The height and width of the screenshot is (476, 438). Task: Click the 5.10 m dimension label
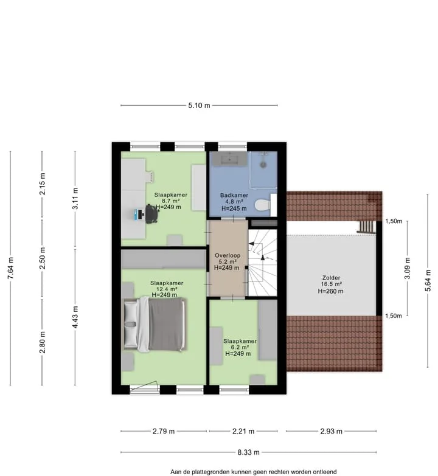click(x=199, y=105)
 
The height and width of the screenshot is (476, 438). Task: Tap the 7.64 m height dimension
click(x=10, y=268)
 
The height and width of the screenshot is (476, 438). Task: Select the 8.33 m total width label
click(x=248, y=452)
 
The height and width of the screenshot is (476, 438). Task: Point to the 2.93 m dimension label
click(x=331, y=431)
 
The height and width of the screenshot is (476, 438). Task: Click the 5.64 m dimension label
click(x=428, y=280)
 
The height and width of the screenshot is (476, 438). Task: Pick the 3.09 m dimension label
click(x=408, y=268)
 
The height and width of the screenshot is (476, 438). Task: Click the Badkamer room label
click(x=234, y=195)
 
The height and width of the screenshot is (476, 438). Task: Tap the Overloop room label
click(x=228, y=255)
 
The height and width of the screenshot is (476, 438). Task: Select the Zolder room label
click(x=331, y=277)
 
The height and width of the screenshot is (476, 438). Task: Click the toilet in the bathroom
click(x=262, y=205)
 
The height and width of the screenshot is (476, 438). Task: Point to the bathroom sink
click(x=229, y=159)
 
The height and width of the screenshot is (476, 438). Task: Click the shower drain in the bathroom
click(x=263, y=165)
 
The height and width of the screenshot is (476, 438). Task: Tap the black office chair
click(x=151, y=214)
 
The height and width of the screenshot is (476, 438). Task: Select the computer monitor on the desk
click(x=139, y=215)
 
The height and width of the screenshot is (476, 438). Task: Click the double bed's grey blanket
click(x=167, y=324)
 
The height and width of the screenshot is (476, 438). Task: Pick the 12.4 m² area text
click(x=167, y=289)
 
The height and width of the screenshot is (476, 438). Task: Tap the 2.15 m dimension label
click(x=42, y=184)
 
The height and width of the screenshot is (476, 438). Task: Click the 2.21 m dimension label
click(x=243, y=431)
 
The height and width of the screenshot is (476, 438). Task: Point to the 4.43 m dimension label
click(x=75, y=317)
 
